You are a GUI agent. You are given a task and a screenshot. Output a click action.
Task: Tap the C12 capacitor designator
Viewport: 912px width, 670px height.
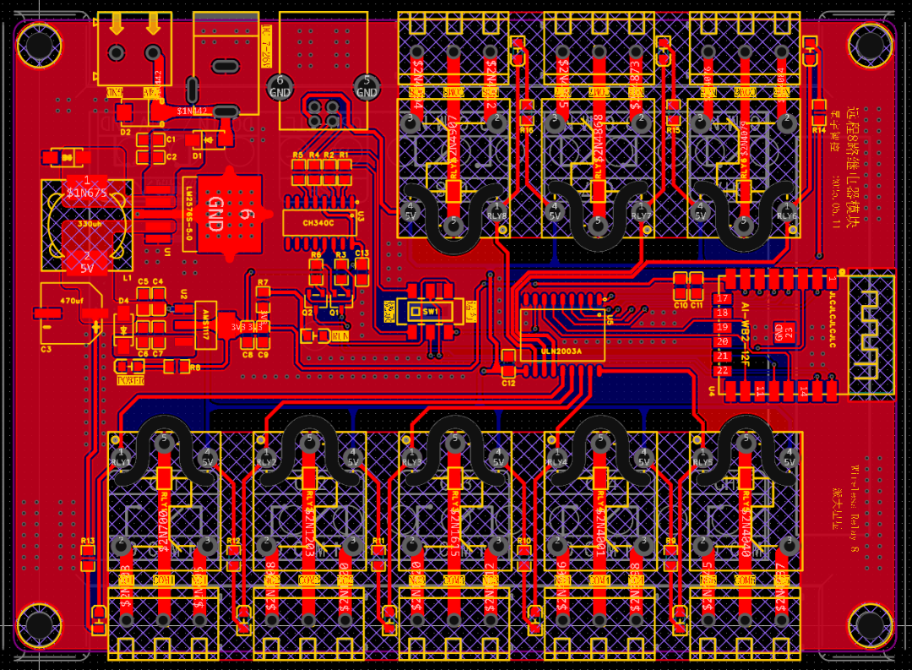508,383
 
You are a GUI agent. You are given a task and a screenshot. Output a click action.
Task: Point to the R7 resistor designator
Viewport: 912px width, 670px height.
263,282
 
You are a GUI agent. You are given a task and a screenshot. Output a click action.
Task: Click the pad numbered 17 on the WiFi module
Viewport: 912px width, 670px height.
722,298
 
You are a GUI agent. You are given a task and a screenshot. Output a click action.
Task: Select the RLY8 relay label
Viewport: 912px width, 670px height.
497,215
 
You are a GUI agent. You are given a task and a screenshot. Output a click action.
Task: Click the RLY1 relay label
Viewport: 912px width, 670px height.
121,463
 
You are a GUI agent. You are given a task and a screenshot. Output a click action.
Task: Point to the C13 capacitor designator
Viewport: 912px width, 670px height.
361,253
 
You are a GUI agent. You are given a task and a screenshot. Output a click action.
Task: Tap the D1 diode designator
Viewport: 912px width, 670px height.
197,155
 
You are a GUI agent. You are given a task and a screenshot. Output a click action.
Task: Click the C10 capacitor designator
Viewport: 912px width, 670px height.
681,303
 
